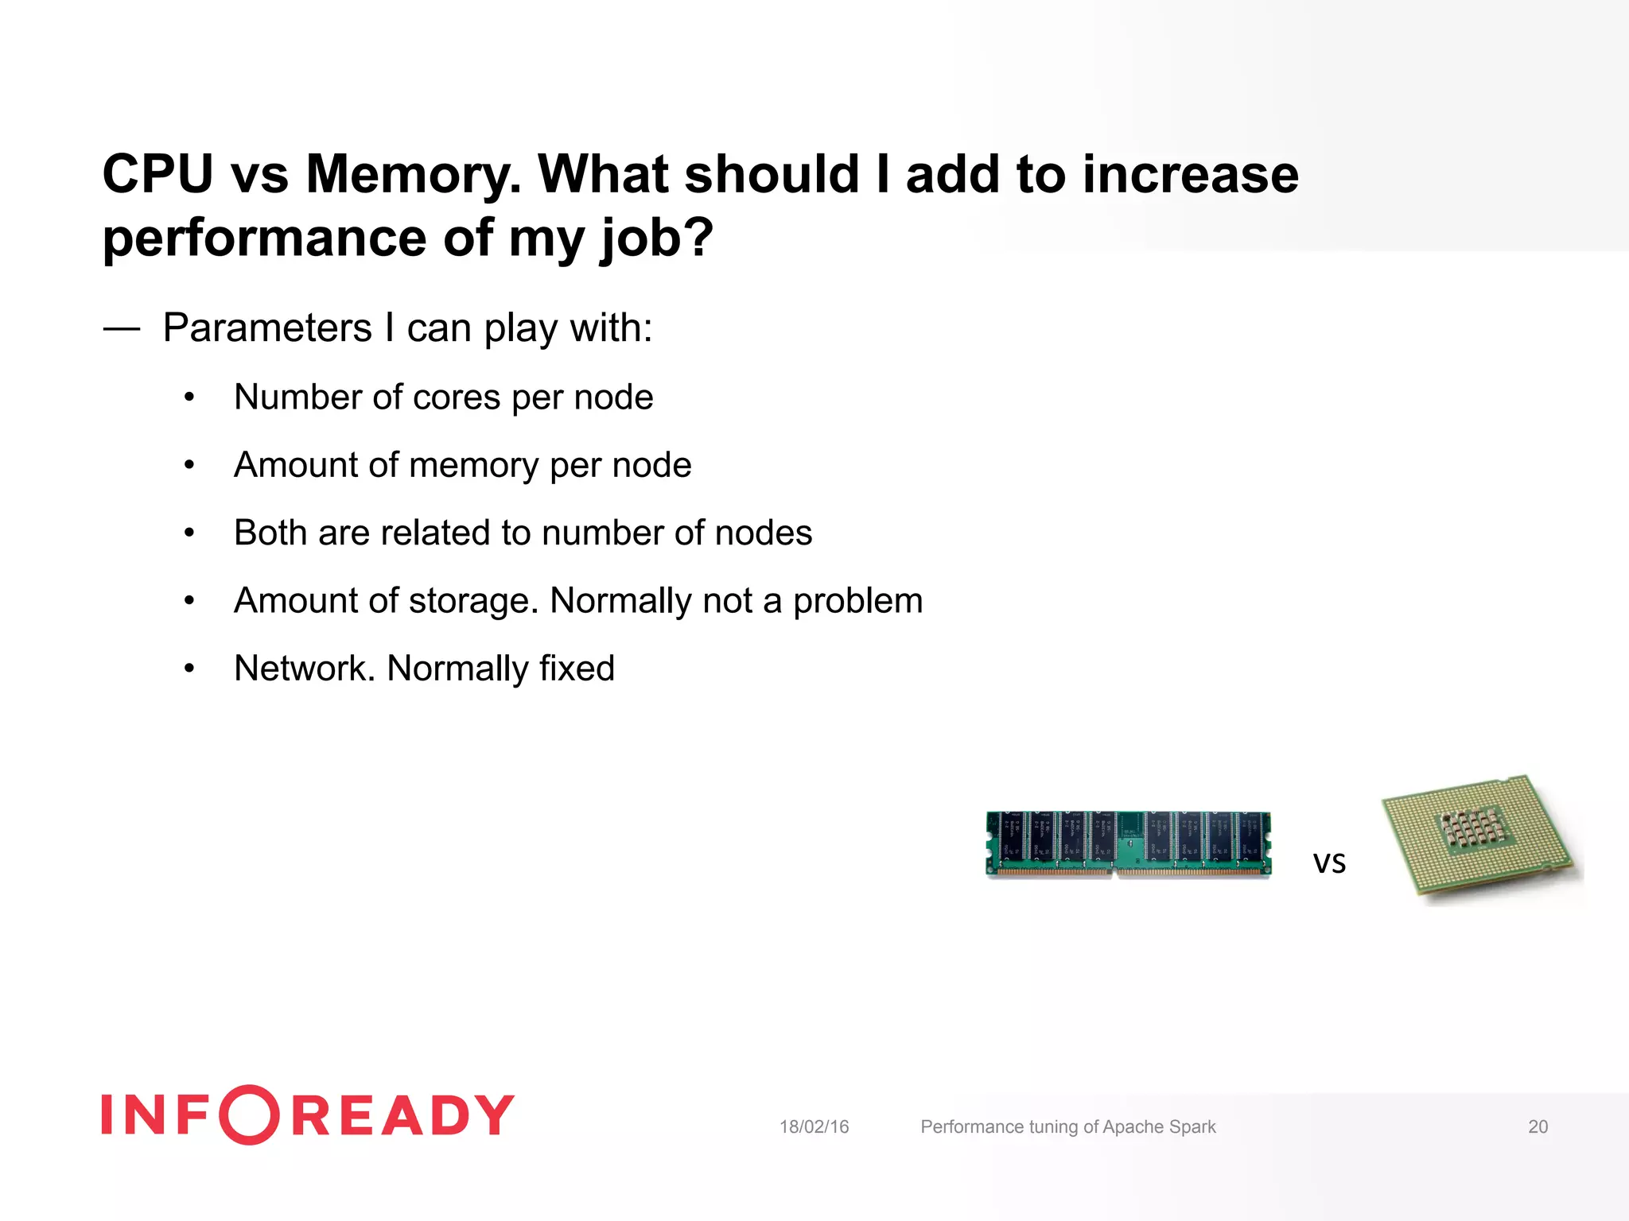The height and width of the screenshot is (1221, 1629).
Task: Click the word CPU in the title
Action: tap(157, 174)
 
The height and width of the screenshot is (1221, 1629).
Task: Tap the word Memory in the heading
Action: tap(412, 174)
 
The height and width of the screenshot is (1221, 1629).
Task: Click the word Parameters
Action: tap(267, 328)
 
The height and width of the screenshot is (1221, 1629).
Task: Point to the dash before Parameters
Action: tap(122, 328)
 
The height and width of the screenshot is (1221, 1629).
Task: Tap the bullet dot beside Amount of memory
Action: tap(189, 465)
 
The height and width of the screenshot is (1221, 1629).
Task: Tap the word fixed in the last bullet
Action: tap(576, 669)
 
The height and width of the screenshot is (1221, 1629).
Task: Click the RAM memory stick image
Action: tap(1128, 844)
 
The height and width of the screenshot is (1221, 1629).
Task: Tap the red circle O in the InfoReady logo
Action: tap(249, 1114)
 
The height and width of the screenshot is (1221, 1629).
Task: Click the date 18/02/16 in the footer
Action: tap(814, 1126)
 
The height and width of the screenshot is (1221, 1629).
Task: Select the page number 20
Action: tap(1538, 1126)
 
